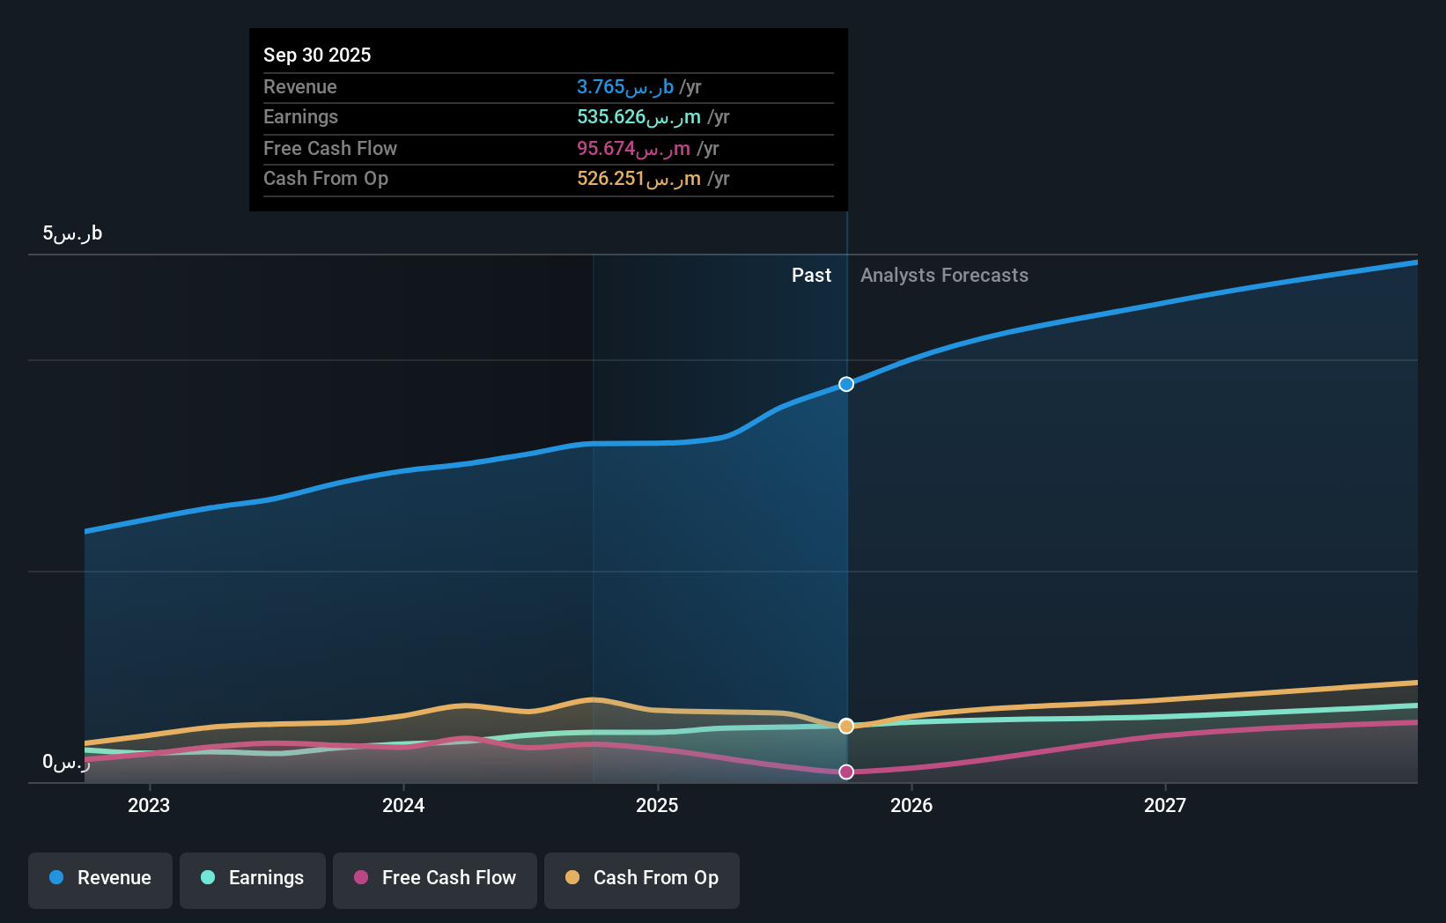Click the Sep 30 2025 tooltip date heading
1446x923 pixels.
coord(317,55)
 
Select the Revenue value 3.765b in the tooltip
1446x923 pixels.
coord(624,86)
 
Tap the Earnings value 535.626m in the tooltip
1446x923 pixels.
coord(638,117)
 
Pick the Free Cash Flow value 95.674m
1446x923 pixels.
coord(633,148)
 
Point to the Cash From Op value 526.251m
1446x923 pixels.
coord(638,179)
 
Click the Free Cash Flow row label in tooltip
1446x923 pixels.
coord(330,148)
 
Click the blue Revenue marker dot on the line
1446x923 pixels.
coord(846,384)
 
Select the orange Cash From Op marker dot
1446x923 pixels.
coord(846,726)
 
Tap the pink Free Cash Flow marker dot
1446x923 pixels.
coord(846,772)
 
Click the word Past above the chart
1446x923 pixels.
coord(811,276)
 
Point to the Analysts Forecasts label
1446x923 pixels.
coord(944,276)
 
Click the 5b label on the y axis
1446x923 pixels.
coord(72,233)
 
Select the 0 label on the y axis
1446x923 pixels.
coord(66,762)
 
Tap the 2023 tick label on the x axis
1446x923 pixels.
coord(149,805)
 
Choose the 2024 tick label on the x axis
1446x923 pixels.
coord(403,805)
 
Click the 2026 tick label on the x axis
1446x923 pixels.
coord(911,805)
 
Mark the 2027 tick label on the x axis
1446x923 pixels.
coord(1165,805)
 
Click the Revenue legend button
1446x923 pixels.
coord(100,878)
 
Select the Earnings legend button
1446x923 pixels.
coord(253,878)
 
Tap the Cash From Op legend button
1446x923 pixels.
coord(642,878)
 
